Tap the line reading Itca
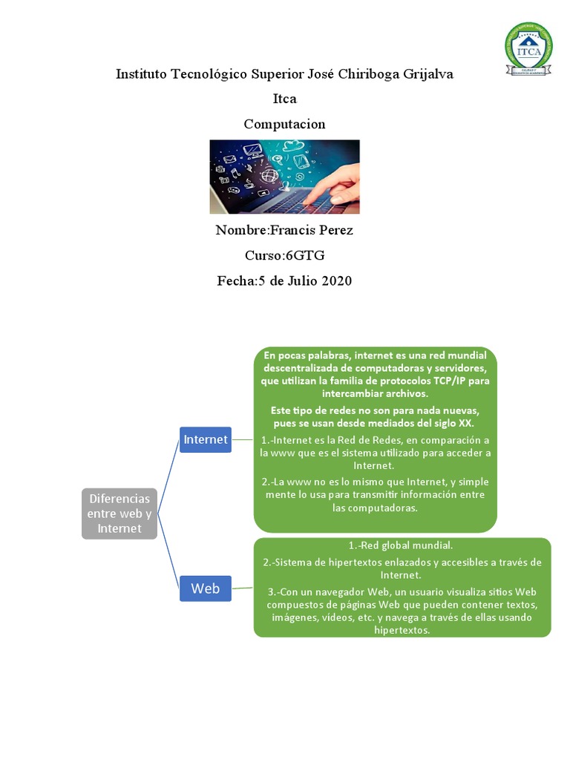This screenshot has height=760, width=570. [x=284, y=99]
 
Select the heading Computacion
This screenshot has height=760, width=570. [x=284, y=124]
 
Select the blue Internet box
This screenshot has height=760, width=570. [x=206, y=439]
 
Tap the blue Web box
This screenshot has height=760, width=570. [x=206, y=588]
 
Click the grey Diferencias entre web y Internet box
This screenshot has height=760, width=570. [x=119, y=514]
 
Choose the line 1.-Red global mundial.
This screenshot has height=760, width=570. [x=402, y=546]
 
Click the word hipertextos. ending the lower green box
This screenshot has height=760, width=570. [x=402, y=630]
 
